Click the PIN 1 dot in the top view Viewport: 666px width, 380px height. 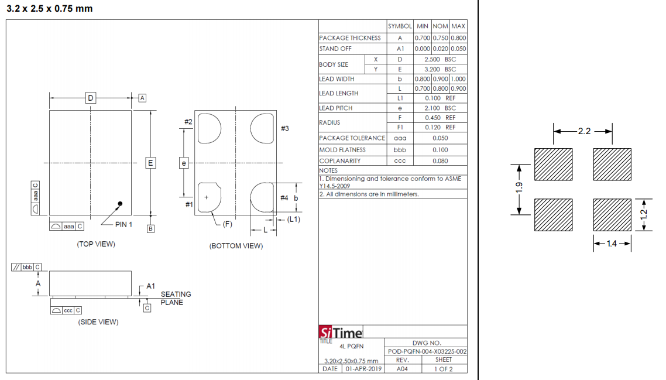pos(120,204)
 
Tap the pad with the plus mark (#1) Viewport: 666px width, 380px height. pos(210,197)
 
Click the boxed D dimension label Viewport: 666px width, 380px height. pos(91,98)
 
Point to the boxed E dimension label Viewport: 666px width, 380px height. pos(150,163)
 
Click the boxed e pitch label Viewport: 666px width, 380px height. pos(184,163)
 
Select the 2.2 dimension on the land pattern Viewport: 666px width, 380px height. pos(584,131)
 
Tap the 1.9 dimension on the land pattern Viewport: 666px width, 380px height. pos(519,187)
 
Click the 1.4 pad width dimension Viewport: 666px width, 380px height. pos(612,244)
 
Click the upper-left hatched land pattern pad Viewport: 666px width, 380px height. pos(554,164)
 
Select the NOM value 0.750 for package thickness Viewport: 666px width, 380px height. pos(441,38)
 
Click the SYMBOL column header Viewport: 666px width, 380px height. pos(400,26)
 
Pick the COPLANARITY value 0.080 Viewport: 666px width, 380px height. pos(441,160)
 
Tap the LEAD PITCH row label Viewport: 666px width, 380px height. pos(336,108)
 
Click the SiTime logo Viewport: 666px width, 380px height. pos(341,332)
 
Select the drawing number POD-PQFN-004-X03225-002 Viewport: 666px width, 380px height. pos(427,351)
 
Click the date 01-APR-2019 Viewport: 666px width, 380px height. pos(363,369)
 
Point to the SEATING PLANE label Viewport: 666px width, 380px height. pos(176,298)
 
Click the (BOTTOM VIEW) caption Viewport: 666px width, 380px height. pos(236,246)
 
